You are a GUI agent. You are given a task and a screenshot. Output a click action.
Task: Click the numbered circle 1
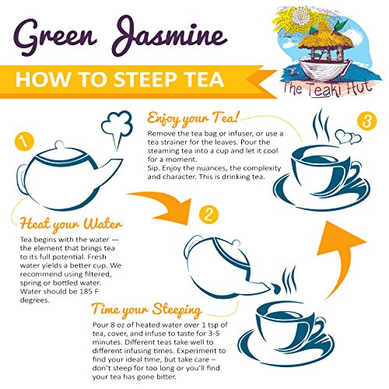pyautogui.click(x=24, y=142)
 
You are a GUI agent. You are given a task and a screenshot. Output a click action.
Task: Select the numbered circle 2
pyautogui.click(x=209, y=215)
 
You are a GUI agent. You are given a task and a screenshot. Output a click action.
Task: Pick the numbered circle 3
pyautogui.click(x=366, y=121)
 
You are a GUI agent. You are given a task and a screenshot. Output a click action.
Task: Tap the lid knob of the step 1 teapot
pyautogui.click(x=59, y=144)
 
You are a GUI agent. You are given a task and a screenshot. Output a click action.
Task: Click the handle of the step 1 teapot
pyautogui.click(x=21, y=179)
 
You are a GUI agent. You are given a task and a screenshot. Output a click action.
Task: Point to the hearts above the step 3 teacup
pyautogui.click(x=348, y=137)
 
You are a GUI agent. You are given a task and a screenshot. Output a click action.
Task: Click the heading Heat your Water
pyautogui.click(x=71, y=224)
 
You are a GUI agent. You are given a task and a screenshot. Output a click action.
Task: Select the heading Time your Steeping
pyautogui.click(x=147, y=310)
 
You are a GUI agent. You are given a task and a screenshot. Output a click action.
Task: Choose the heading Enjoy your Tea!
pyautogui.click(x=193, y=118)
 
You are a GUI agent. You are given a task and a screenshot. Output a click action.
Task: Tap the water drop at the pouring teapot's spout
pyautogui.click(x=275, y=289)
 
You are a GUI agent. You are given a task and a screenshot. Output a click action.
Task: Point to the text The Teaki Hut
pyautogui.click(x=328, y=89)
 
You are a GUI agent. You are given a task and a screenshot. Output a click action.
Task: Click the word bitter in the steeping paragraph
pyautogui.click(x=166, y=377)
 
